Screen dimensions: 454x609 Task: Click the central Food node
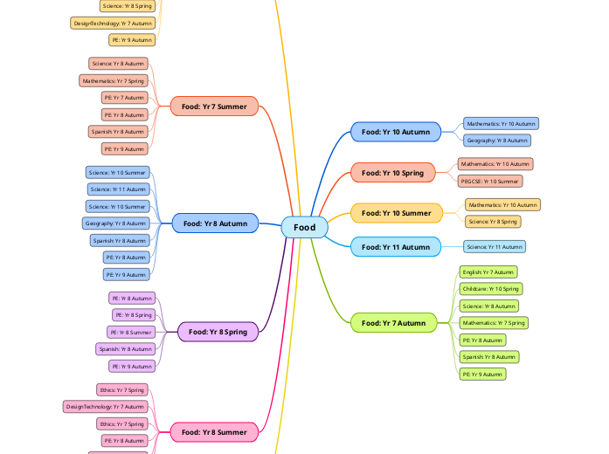click(x=304, y=227)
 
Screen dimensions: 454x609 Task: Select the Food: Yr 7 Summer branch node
click(x=214, y=107)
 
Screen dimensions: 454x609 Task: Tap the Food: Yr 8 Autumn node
click(x=215, y=224)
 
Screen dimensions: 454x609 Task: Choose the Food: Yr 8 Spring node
click(x=218, y=332)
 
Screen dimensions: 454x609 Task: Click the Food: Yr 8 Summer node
click(x=214, y=431)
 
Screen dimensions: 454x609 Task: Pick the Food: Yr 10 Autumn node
click(x=396, y=132)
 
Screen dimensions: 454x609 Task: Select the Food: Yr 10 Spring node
click(x=392, y=173)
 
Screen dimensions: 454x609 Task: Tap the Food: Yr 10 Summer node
click(x=396, y=213)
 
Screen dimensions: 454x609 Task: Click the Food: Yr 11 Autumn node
click(x=396, y=247)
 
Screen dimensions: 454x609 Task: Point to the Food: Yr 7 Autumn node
click(x=393, y=323)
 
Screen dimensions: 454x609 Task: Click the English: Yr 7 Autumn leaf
click(x=488, y=272)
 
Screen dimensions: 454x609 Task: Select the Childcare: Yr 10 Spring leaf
click(x=490, y=289)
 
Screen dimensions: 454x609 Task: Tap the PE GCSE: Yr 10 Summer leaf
click(x=490, y=181)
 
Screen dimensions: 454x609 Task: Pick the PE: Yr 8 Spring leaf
click(x=133, y=314)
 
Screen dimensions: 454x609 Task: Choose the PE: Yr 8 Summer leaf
click(x=131, y=332)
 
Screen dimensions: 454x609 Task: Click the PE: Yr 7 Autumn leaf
click(x=124, y=98)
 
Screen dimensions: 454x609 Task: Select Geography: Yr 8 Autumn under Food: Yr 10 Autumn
click(x=496, y=141)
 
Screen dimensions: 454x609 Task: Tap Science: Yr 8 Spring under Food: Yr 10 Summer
click(x=493, y=222)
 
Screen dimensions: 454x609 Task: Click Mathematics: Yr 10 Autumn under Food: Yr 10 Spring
click(x=495, y=164)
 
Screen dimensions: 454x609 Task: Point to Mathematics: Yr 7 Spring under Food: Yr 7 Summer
click(x=114, y=80)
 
